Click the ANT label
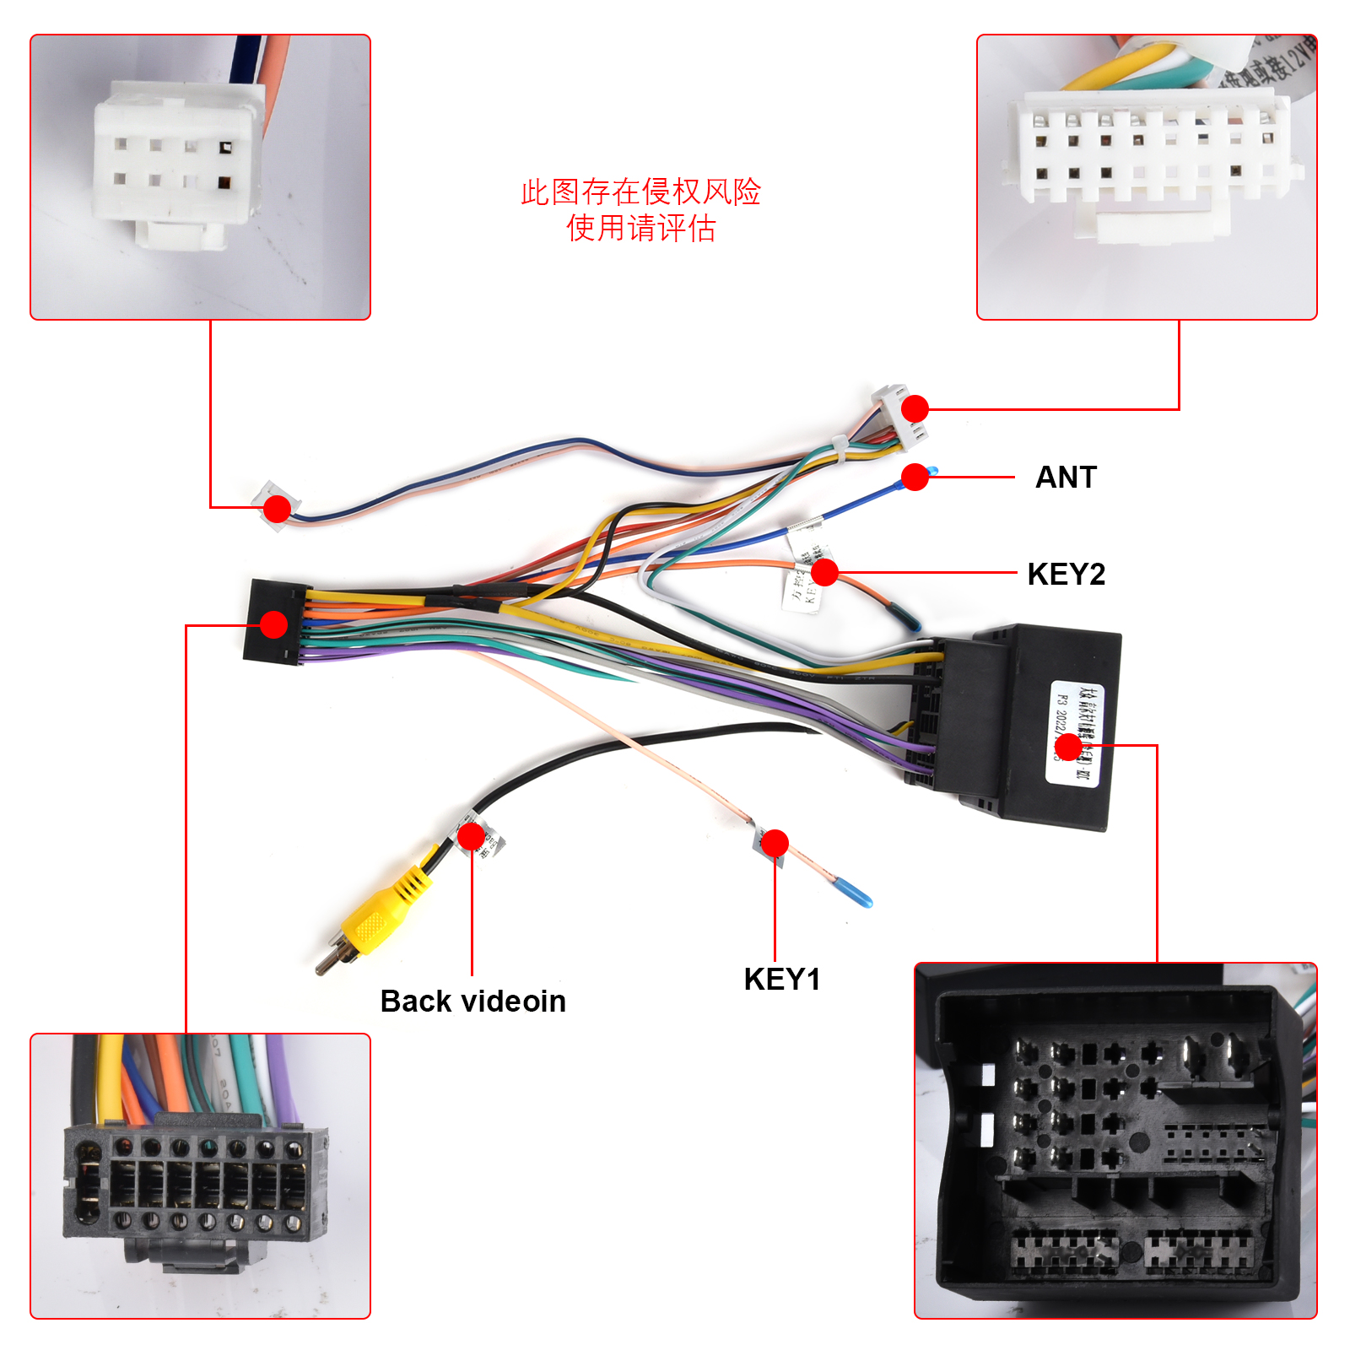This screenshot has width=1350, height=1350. [x=1066, y=478]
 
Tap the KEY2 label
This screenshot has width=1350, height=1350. [x=1066, y=575]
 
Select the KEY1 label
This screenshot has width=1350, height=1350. [x=781, y=980]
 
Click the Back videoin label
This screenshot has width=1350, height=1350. [x=472, y=1002]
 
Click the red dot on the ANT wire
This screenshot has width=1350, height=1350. [x=915, y=477]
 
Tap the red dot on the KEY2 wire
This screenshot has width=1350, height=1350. [x=824, y=572]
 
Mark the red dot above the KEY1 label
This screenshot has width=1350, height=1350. [x=774, y=843]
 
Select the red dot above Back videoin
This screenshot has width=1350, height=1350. [x=471, y=836]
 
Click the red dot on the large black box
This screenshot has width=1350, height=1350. [x=1068, y=747]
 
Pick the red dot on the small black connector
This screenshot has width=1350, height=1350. [x=273, y=624]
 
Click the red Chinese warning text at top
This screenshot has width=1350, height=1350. [x=640, y=210]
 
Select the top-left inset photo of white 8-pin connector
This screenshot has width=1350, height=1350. [x=201, y=177]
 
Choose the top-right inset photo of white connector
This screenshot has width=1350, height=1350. [x=1147, y=177]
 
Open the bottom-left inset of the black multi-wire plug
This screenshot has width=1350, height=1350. [x=201, y=1175]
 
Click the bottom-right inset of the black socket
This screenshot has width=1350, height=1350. [x=1115, y=1141]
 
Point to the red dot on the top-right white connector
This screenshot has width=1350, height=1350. [x=915, y=409]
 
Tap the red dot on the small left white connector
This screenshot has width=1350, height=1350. [x=277, y=508]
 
